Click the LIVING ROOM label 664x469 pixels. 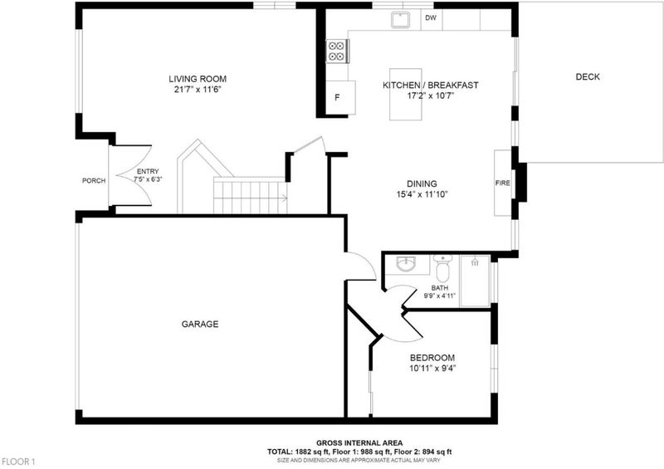pyautogui.click(x=198, y=79)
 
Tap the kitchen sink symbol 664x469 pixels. pyautogui.click(x=400, y=19)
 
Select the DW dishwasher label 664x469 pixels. pyautogui.click(x=431, y=17)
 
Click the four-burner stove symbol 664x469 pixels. pyautogui.click(x=337, y=51)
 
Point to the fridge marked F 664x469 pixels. pyautogui.click(x=340, y=97)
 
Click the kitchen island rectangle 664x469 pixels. pyautogui.click(x=405, y=95)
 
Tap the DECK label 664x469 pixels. pyautogui.click(x=588, y=76)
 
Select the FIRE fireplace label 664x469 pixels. pyautogui.click(x=503, y=183)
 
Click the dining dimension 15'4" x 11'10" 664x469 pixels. pyautogui.click(x=422, y=194)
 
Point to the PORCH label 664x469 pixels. pyautogui.click(x=94, y=180)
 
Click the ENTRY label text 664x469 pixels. pyautogui.click(x=148, y=172)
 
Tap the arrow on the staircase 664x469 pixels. pyautogui.click(x=283, y=198)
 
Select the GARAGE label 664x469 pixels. pyautogui.click(x=200, y=324)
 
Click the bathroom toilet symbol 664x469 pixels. pyautogui.click(x=442, y=268)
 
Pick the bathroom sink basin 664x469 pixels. pyautogui.click(x=407, y=264)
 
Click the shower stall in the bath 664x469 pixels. pyautogui.click(x=475, y=281)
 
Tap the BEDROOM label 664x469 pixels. pyautogui.click(x=432, y=358)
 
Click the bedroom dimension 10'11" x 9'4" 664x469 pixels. pyautogui.click(x=432, y=369)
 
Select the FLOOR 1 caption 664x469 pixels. pyautogui.click(x=18, y=462)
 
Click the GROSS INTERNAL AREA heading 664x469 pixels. pyautogui.click(x=359, y=443)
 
